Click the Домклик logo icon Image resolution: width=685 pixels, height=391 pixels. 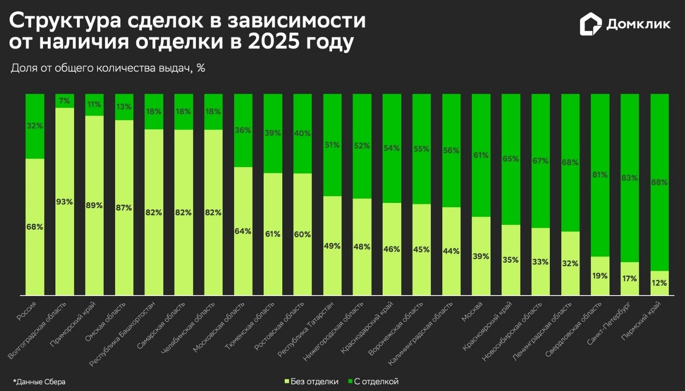click(x=591, y=24)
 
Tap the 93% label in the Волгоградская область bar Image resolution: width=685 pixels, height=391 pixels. click(x=64, y=202)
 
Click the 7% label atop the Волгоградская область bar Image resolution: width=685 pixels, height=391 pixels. click(x=64, y=101)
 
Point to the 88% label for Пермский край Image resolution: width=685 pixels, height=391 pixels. click(x=660, y=182)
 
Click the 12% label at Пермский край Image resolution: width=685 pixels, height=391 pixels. click(x=660, y=283)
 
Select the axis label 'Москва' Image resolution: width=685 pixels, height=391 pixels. click(x=473, y=311)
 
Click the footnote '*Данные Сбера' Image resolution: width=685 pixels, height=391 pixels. click(x=39, y=382)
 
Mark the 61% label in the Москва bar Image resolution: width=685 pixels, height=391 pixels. click(x=481, y=155)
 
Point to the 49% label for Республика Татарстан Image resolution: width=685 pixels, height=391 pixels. click(x=332, y=246)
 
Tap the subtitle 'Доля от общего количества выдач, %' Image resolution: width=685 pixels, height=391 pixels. click(x=108, y=68)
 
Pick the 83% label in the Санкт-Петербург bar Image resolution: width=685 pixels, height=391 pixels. click(x=630, y=178)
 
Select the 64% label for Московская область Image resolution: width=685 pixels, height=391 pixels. click(x=243, y=231)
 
